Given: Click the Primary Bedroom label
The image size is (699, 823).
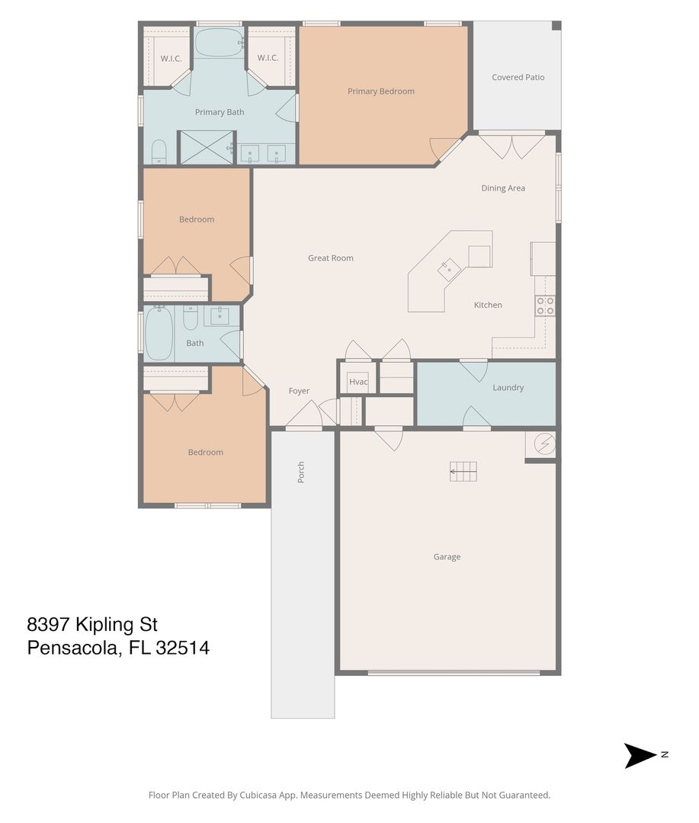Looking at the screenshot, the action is click(x=380, y=91).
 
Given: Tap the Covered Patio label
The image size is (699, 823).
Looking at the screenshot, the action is click(x=518, y=77).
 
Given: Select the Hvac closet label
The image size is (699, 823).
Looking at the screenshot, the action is click(x=358, y=382).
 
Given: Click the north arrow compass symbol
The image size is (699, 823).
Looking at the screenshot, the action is click(x=641, y=755).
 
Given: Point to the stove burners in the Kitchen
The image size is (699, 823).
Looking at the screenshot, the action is click(x=545, y=306).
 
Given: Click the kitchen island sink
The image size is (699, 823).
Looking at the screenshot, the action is click(x=449, y=270).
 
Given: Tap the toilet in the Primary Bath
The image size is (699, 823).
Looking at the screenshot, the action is click(x=159, y=152).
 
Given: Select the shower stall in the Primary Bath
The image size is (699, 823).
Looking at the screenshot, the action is click(x=207, y=148).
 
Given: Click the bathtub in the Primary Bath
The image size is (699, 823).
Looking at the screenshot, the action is click(x=219, y=43).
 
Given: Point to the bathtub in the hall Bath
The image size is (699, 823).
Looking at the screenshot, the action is click(x=159, y=334).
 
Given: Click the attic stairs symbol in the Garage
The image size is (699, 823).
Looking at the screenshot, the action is click(x=463, y=472).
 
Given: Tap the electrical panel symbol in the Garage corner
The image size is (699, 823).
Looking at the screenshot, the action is click(x=544, y=444).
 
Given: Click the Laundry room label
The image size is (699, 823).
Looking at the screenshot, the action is click(x=508, y=388).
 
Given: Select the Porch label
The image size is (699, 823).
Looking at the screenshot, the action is click(x=301, y=472).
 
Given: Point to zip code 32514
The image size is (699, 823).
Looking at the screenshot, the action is click(x=183, y=648).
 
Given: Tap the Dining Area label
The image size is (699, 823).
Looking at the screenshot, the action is click(x=503, y=188).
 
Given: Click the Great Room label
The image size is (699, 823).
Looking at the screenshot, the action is click(x=330, y=258).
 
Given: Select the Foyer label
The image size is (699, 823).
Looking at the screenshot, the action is click(x=299, y=391).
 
